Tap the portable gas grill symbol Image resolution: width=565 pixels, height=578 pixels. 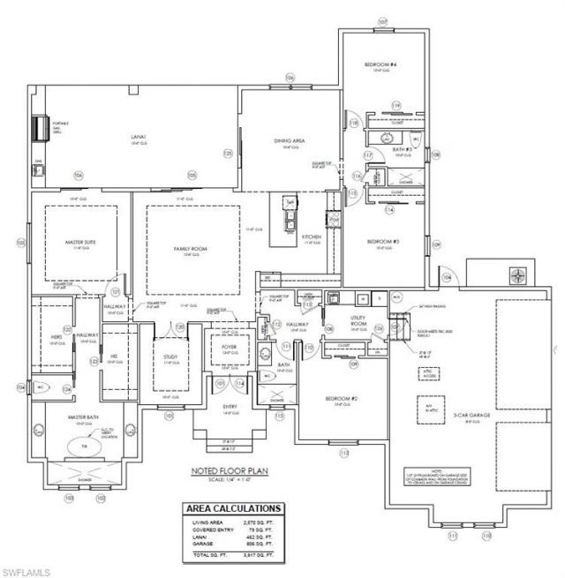coord(41,129)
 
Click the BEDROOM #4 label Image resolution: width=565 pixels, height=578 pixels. coord(382,65)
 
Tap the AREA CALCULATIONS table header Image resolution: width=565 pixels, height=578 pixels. coord(234,509)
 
